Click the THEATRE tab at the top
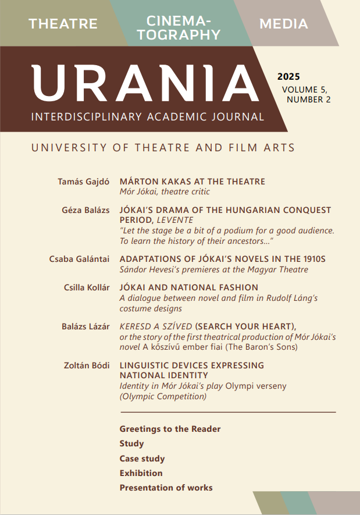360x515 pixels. (63, 24)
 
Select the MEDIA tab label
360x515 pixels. (284, 24)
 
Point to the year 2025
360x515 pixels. (288, 77)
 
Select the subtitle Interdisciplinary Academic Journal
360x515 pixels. (148, 116)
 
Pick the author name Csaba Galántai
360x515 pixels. (79, 259)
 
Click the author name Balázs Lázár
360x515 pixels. (85, 326)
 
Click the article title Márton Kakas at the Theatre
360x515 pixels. (192, 182)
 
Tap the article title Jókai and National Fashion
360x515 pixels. (188, 287)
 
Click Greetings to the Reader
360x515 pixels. (170, 429)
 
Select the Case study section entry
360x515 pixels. (142, 459)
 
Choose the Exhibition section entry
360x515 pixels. (141, 473)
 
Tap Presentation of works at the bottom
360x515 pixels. (166, 488)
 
